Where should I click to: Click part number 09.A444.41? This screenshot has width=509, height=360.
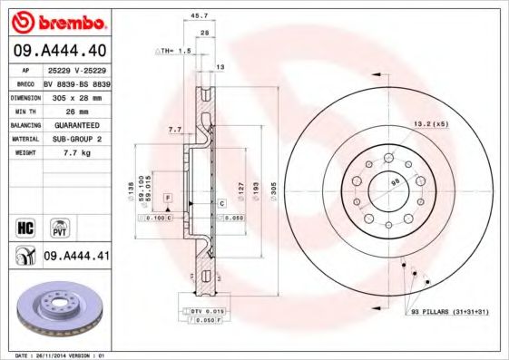(x=76, y=257)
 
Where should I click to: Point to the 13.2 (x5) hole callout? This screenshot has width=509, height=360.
(x=431, y=123)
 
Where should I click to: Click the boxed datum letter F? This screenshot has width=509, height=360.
(x=168, y=197)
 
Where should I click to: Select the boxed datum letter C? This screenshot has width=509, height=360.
(x=221, y=205)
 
